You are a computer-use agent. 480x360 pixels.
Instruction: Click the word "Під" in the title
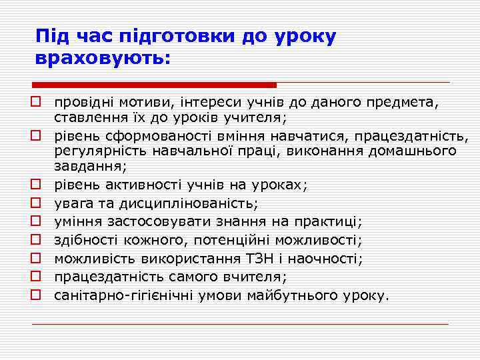point(51,36)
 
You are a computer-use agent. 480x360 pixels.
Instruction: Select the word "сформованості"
point(145,137)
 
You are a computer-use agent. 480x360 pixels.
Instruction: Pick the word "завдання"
point(87,165)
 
